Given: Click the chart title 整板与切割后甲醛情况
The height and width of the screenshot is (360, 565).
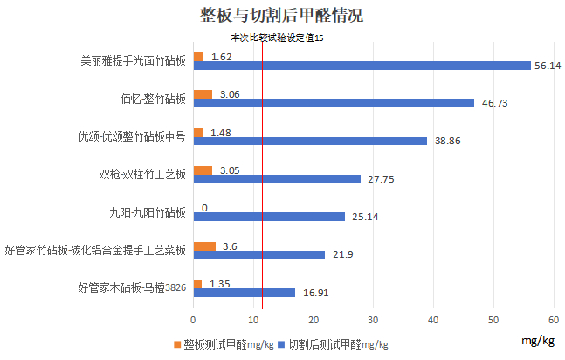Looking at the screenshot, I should (281, 16).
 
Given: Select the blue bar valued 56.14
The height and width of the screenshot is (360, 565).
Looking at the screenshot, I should (362, 66).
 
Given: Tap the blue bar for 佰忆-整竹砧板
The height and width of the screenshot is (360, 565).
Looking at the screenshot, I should (334, 103).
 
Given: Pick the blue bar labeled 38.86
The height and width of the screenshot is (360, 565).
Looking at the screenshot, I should (310, 141).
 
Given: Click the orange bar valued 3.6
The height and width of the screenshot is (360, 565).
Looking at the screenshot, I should (204, 246).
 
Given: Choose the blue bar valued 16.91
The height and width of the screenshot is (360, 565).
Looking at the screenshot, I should (244, 293).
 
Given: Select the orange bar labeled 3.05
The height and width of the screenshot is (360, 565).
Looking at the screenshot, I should (203, 170).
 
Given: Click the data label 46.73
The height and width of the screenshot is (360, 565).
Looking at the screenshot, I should (495, 103).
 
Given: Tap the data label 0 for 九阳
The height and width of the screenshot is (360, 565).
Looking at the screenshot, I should (204, 208).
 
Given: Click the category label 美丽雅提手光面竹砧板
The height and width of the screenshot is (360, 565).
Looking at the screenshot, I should (133, 61).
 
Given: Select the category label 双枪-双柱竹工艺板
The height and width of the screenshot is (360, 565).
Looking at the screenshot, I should (142, 175).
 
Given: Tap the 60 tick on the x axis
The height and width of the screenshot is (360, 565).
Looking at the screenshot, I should (554, 318).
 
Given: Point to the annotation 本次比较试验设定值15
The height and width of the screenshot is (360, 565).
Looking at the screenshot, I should (277, 38).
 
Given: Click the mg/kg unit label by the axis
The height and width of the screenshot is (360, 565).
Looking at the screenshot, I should (536, 339).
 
